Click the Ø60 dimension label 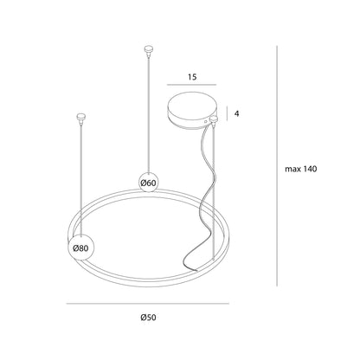(x=148, y=183)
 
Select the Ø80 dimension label (x=80, y=248)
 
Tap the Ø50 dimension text (x=148, y=318)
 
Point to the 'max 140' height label (x=301, y=169)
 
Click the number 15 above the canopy (x=192, y=77)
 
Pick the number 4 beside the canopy (x=237, y=113)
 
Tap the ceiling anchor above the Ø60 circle (x=148, y=49)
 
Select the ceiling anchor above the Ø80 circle (x=81, y=117)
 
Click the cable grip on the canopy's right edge (x=214, y=120)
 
